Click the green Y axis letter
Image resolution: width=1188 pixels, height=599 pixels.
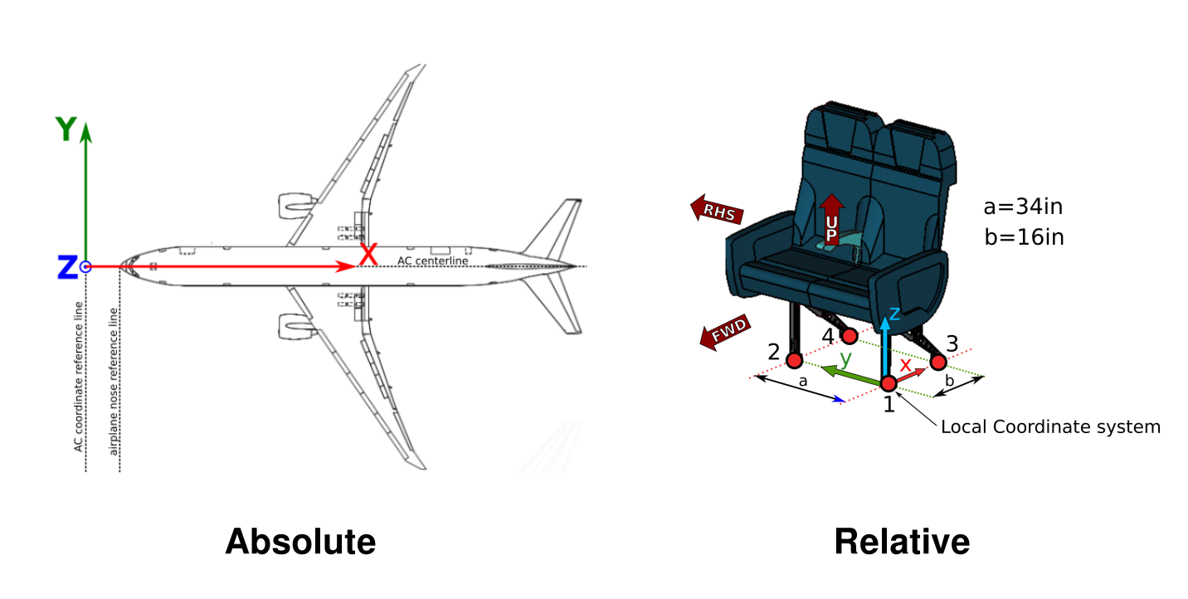[66, 129]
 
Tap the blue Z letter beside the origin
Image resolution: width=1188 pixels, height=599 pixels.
[67, 267]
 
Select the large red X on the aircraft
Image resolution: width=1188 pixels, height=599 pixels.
[368, 254]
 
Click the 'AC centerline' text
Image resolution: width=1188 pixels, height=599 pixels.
[433, 261]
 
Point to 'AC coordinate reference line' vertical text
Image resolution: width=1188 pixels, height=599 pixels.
[79, 377]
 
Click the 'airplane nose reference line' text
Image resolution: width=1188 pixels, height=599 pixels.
[113, 382]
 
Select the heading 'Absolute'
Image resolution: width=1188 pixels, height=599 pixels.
[300, 542]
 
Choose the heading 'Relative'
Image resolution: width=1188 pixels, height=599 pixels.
[902, 542]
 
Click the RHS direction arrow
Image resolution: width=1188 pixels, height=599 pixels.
[717, 209]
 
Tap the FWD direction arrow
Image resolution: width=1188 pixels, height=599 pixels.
[725, 332]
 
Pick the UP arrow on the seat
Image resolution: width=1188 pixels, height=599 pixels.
[831, 219]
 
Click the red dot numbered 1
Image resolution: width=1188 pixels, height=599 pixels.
[889, 383]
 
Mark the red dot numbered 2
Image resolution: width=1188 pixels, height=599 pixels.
[795, 361]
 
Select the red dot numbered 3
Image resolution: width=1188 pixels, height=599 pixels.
[938, 363]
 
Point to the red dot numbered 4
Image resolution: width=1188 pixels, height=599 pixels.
[850, 336]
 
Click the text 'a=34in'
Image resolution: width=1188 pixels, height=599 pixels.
[1023, 207]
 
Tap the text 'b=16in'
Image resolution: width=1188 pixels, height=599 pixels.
[1024, 237]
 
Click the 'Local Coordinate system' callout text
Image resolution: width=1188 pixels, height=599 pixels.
[1050, 427]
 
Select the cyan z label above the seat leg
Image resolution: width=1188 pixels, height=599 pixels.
[894, 314]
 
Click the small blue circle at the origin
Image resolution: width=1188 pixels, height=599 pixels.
[85, 267]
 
